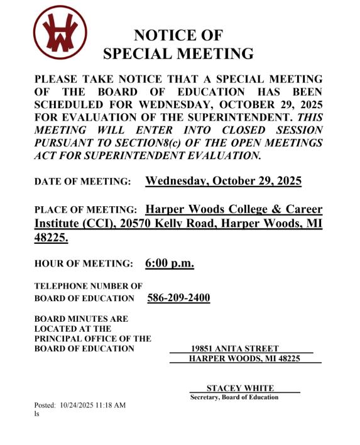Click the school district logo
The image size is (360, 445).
(60, 33)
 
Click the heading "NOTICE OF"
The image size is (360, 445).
(178, 35)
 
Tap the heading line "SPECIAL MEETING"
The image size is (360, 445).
(178, 53)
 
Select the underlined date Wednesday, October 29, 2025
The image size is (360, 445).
(223, 181)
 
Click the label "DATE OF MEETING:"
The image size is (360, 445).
(82, 182)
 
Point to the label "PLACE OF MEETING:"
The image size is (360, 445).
(85, 210)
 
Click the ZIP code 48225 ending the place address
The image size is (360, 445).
(50, 238)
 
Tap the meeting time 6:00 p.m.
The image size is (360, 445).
(169, 263)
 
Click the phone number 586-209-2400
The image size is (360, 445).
(178, 297)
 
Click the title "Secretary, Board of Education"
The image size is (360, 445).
(234, 397)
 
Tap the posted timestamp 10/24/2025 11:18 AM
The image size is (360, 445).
(93, 405)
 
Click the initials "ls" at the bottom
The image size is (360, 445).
(36, 414)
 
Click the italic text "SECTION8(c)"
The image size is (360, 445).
(171, 142)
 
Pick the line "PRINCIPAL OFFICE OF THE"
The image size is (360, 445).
(92, 338)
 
